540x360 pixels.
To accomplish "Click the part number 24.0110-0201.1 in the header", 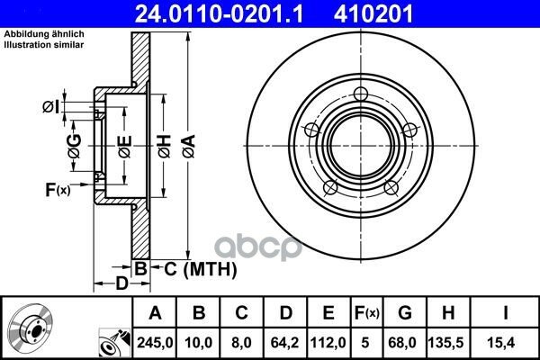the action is pyautogui.click(x=219, y=14).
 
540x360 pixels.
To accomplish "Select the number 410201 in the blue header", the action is pyautogui.click(x=373, y=14).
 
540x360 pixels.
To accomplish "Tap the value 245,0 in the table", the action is pyautogui.click(x=155, y=342).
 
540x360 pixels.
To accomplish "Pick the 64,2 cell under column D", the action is pyautogui.click(x=284, y=342).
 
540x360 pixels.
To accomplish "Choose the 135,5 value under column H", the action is pyautogui.click(x=448, y=342).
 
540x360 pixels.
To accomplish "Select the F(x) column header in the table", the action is pyautogui.click(x=367, y=313).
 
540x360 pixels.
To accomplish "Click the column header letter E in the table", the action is pyautogui.click(x=328, y=313).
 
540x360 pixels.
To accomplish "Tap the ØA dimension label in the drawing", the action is pyautogui.click(x=189, y=147).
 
